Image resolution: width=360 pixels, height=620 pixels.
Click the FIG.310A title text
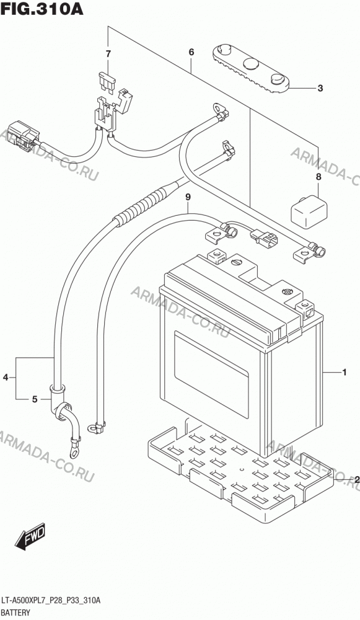42,9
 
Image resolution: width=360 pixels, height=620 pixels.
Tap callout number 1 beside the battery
344,372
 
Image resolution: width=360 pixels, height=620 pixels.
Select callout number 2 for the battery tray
357,480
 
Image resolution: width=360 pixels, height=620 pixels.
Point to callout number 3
320,88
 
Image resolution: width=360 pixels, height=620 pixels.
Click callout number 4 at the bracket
6,378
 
